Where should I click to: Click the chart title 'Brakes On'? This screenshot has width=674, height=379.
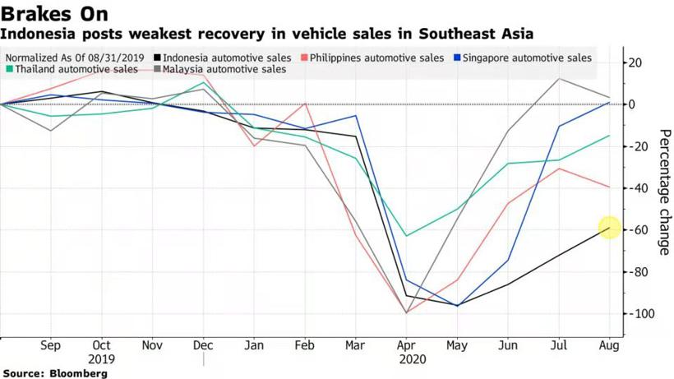pyautogui.click(x=54, y=14)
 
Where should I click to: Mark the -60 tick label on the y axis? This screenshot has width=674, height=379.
pyautogui.click(x=639, y=230)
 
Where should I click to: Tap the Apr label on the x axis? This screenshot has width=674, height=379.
pyautogui.click(x=406, y=346)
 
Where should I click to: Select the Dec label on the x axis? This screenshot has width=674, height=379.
pyautogui.click(x=203, y=346)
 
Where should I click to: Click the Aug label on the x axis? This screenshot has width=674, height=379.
pyautogui.click(x=609, y=346)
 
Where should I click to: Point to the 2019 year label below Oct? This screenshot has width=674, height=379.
pyautogui.click(x=102, y=359)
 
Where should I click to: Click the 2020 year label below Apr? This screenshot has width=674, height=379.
pyautogui.click(x=406, y=359)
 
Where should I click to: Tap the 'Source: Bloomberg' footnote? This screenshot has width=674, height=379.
pyautogui.click(x=54, y=373)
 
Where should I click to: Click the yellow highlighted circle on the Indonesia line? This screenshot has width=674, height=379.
pyautogui.click(x=609, y=228)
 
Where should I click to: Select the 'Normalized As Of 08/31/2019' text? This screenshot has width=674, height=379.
pyautogui.click(x=75, y=58)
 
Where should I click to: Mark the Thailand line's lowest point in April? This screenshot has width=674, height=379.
pyautogui.click(x=406, y=236)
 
